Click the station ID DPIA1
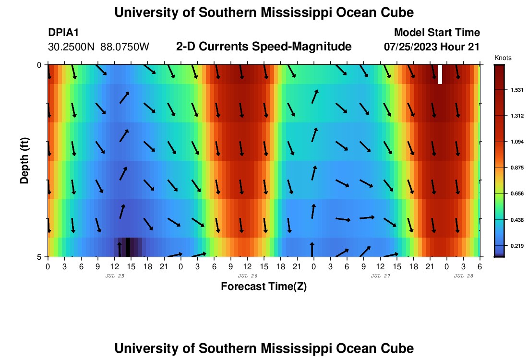(63, 33)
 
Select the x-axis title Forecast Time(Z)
(264, 287)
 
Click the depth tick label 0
(39, 65)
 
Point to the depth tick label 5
(39, 257)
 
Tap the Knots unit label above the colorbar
(503, 58)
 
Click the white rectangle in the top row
(440, 74)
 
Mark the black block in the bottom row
(128, 247)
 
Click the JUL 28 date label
(464, 276)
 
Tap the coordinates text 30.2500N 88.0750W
(99, 47)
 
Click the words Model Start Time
(437, 33)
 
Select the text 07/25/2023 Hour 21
(432, 47)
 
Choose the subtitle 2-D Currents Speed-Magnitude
(264, 47)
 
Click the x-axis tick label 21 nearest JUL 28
(430, 266)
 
